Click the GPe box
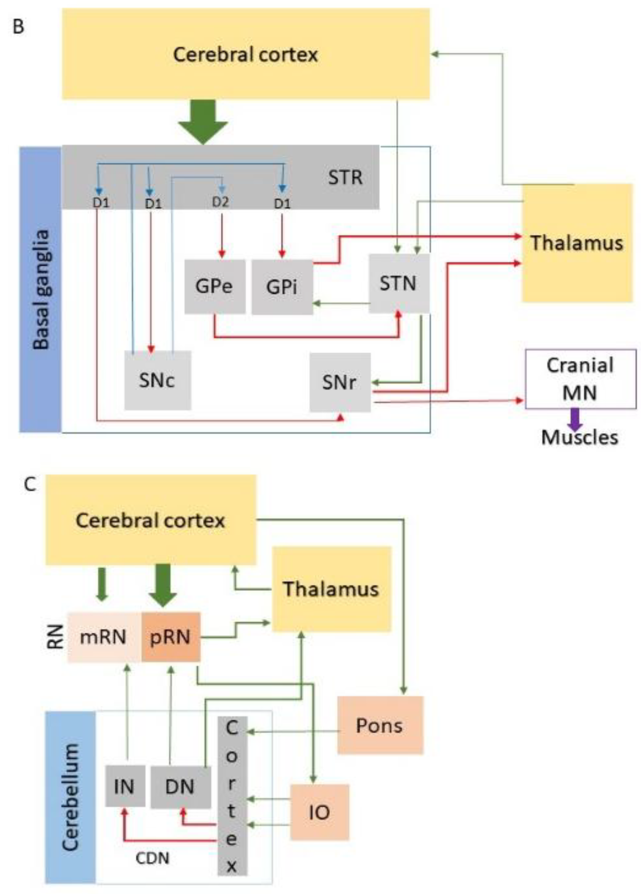click(215, 287)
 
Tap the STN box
click(399, 283)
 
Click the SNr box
click(339, 382)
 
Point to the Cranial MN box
click(580, 379)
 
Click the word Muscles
click(579, 438)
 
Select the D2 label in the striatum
click(220, 203)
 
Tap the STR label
click(345, 178)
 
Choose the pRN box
click(171, 637)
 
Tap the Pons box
click(380, 726)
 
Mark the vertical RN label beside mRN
click(56, 637)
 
